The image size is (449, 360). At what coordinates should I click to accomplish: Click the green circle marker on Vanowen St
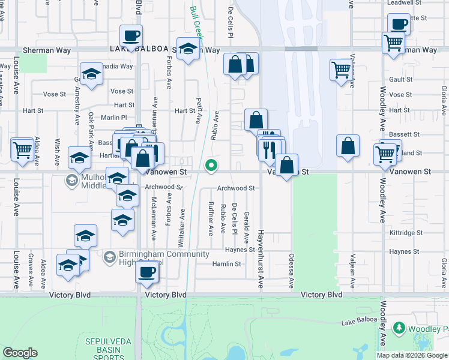pyautogui.click(x=211, y=166)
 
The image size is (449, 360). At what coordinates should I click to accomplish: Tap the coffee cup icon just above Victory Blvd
pyautogui.click(x=146, y=273)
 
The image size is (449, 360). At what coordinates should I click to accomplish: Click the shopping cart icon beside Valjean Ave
pyautogui.click(x=340, y=70)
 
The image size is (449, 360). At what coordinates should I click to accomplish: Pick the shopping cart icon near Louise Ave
pyautogui.click(x=22, y=149)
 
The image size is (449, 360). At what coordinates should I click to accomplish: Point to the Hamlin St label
pyautogui.click(x=226, y=263)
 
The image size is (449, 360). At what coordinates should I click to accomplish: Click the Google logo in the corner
pyautogui.click(x=20, y=353)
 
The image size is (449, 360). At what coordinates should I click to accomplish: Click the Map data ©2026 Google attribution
pyautogui.click(x=412, y=355)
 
